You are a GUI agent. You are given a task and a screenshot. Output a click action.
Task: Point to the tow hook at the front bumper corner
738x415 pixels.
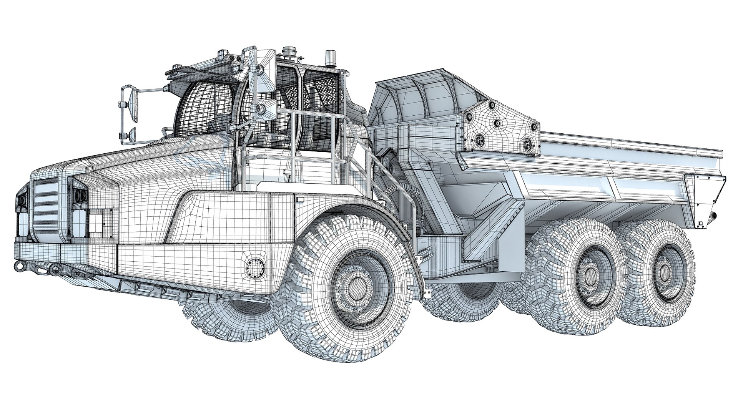coord(18,266)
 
